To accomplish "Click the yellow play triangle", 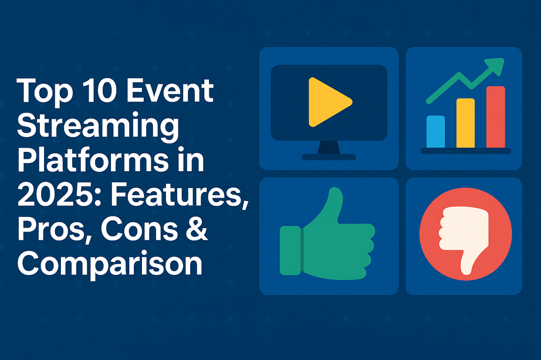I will (326, 103).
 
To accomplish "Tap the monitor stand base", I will (329, 157).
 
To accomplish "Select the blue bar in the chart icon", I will (435, 131).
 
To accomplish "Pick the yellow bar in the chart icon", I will (465, 123).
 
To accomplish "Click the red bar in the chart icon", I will (495, 117).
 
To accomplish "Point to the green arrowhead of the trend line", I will (497, 66).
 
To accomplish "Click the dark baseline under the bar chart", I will (465, 151).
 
